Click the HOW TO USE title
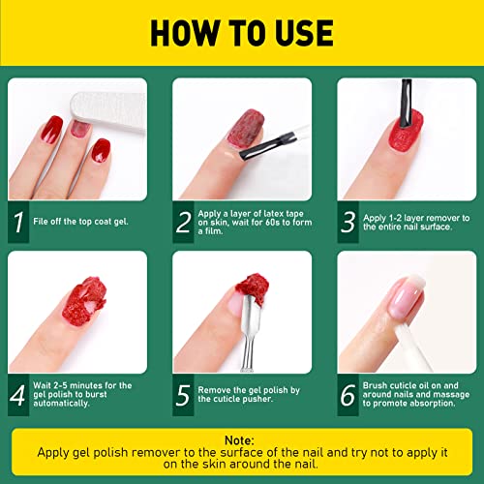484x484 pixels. click(x=241, y=33)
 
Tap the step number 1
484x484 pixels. click(x=18, y=224)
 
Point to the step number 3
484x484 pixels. click(x=348, y=224)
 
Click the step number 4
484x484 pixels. click(x=18, y=396)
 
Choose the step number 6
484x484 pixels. click(x=348, y=396)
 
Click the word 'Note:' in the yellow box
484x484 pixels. click(x=241, y=438)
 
